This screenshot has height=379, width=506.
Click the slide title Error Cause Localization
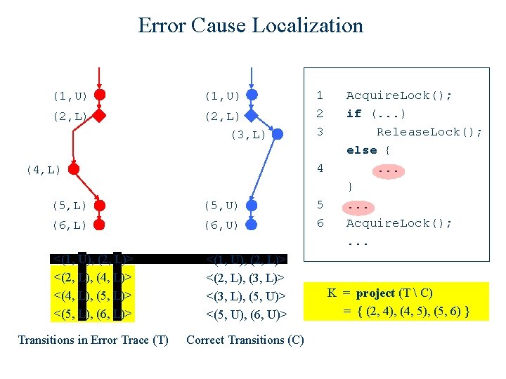(251, 26)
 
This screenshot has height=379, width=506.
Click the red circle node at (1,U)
(100, 95)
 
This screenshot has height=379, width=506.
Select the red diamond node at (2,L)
(100, 116)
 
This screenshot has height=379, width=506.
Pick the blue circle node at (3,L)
(278, 134)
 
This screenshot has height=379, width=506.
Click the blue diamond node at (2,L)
(252, 116)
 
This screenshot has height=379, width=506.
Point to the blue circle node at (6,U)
(252, 225)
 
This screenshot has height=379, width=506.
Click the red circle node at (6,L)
(100, 225)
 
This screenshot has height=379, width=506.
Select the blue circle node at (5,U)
(252, 206)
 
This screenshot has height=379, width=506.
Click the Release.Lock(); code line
(429, 132)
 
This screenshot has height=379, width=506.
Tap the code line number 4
(320, 168)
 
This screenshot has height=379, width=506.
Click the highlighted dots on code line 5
(360, 206)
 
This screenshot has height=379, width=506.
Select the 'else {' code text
(368, 150)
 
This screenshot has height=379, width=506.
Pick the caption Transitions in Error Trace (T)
(93, 340)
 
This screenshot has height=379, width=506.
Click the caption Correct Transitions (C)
(245, 340)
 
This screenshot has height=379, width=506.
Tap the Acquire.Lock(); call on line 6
(398, 224)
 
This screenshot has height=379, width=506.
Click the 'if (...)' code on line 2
(376, 114)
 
